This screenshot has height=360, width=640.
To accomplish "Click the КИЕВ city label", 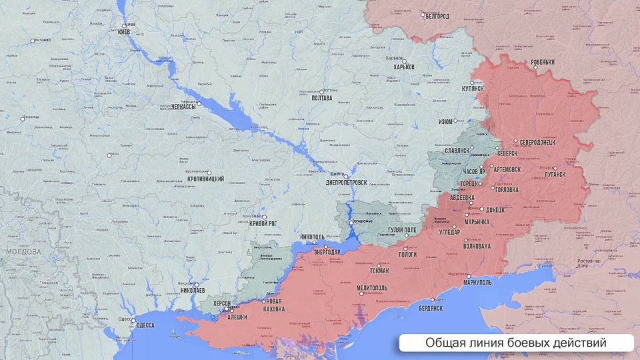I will click(x=126, y=33).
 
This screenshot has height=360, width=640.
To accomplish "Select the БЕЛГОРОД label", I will click(x=437, y=15).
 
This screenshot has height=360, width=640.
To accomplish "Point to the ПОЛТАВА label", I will click(x=321, y=98).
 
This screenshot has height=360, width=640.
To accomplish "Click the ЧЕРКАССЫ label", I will click(x=183, y=106).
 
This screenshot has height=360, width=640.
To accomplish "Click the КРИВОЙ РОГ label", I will click(x=263, y=223).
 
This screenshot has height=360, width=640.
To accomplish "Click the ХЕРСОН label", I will click(x=221, y=303).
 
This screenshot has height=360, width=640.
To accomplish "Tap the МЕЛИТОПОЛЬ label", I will click(x=375, y=287).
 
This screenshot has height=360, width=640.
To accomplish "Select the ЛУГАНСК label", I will click(x=554, y=173).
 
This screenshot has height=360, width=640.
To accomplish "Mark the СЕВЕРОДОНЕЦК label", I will click(x=543, y=142).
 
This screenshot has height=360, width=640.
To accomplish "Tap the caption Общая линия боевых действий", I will click(x=515, y=343).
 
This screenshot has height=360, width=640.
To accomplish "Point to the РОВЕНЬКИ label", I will click(x=542, y=63).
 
